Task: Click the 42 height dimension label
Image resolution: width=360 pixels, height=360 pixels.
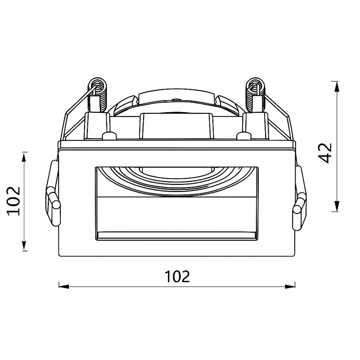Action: click(x=325, y=153)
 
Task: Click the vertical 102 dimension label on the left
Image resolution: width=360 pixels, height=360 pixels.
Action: click(x=14, y=201)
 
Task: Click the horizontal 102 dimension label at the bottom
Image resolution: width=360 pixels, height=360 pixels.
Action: click(x=177, y=277)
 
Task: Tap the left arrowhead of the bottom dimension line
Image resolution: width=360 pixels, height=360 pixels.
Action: click(x=64, y=286)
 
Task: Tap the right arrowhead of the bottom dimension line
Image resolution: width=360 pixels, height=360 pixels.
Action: click(x=290, y=286)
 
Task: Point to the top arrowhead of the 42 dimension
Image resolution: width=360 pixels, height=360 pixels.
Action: click(x=337, y=87)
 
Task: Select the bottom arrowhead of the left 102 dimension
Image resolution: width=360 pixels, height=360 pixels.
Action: click(x=24, y=245)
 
